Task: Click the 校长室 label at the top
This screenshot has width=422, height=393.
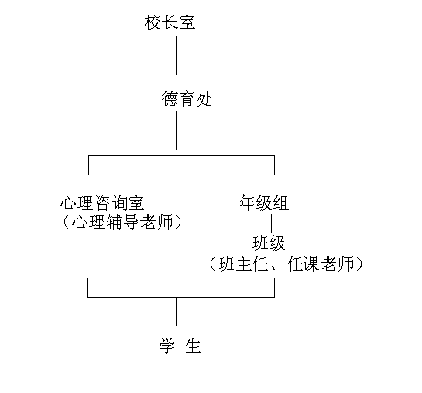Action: [170, 23]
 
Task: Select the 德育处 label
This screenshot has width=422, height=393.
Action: [187, 98]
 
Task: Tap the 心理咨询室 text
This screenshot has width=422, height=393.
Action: [102, 202]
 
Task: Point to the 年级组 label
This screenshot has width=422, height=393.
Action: [263, 202]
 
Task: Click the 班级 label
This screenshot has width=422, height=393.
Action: [269, 243]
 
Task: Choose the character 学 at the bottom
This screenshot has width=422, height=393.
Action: [168, 346]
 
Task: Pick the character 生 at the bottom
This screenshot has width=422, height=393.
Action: [193, 346]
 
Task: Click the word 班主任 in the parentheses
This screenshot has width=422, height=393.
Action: [244, 264]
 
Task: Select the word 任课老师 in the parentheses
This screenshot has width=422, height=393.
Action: [320, 264]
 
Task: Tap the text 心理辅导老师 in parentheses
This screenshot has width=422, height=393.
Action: [122, 222]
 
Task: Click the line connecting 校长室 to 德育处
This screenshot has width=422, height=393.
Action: [176, 55]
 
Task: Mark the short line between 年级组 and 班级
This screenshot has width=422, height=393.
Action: [272, 223]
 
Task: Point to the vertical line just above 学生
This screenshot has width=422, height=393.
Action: [176, 312]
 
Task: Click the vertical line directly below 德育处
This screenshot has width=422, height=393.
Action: [176, 130]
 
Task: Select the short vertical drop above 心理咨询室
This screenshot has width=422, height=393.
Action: [88, 165]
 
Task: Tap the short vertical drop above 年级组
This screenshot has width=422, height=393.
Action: [274, 165]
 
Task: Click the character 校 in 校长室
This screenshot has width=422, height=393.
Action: [152, 23]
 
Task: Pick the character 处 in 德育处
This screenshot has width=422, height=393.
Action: [204, 98]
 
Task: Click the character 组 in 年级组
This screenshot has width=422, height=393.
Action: [281, 202]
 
